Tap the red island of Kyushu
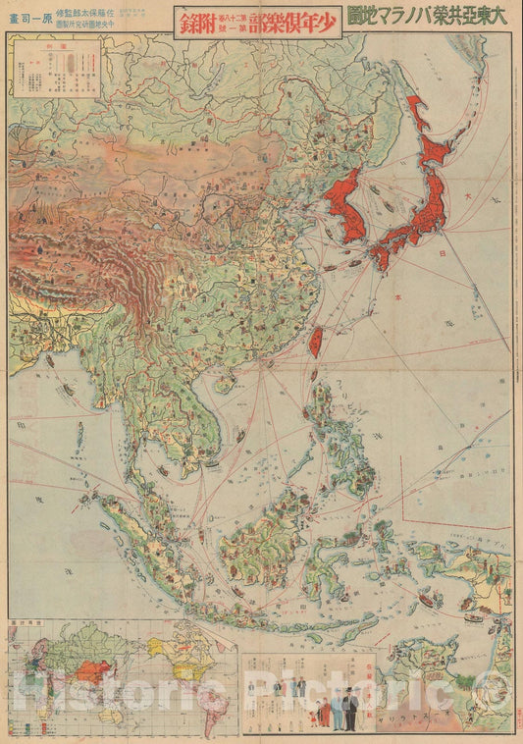point(379,256)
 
